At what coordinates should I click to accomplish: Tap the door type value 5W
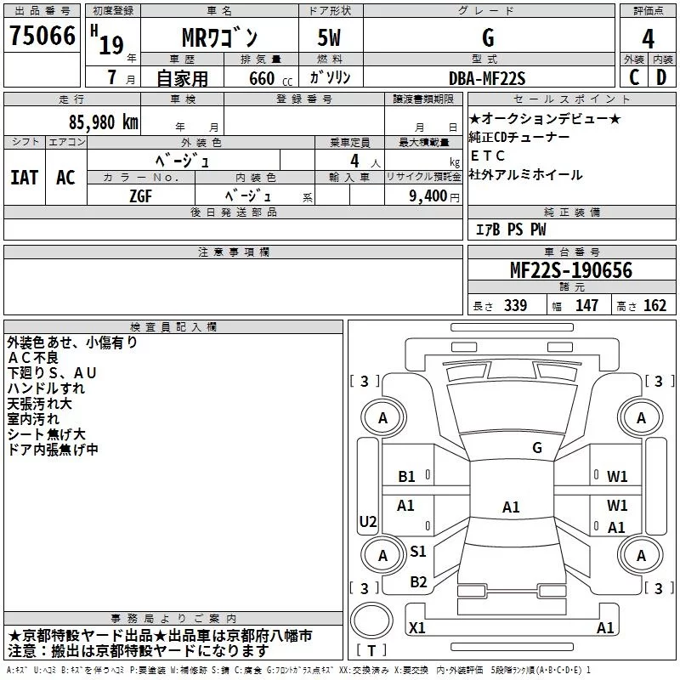pyautogui.click(x=331, y=39)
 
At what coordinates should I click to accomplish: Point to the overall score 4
pyautogui.click(x=648, y=38)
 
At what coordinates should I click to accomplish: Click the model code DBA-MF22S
pyautogui.click(x=488, y=78)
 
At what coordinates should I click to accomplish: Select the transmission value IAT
pyautogui.click(x=24, y=177)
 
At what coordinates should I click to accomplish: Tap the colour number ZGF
pyautogui.click(x=140, y=195)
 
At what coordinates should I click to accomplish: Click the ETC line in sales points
pyautogui.click(x=488, y=156)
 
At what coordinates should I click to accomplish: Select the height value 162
pyautogui.click(x=654, y=305)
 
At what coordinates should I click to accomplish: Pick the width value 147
pyautogui.click(x=586, y=305)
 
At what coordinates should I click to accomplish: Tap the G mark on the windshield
pyautogui.click(x=536, y=448)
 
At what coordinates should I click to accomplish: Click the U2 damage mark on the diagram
pyautogui.click(x=368, y=520)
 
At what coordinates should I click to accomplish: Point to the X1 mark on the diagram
pyautogui.click(x=417, y=628)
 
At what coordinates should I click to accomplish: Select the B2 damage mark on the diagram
pyautogui.click(x=418, y=582)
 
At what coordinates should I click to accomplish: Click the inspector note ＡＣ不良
pyautogui.click(x=31, y=358)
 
